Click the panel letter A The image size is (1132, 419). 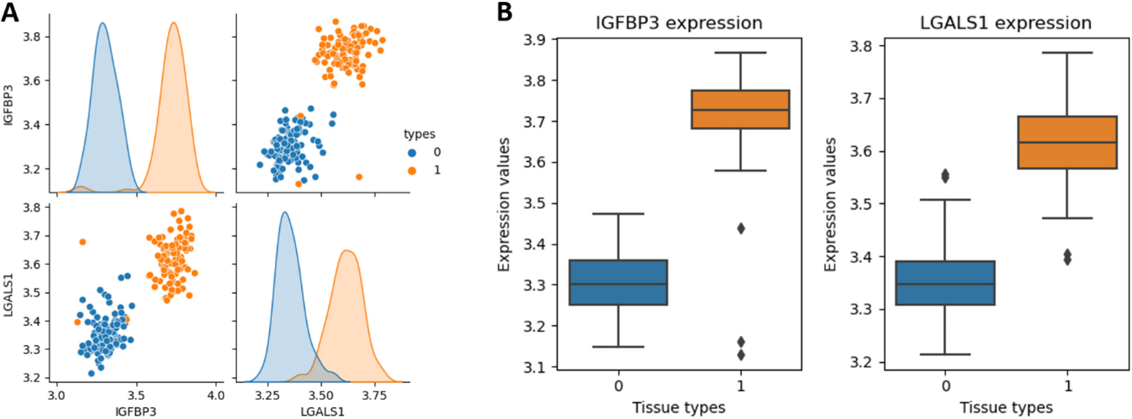tap(10, 12)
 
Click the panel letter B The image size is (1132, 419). tap(505, 12)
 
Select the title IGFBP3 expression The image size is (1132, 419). tap(679, 23)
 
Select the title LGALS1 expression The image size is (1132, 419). tap(1006, 23)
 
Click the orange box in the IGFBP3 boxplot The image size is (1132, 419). tap(741, 109)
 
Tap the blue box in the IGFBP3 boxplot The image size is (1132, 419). tap(619, 282)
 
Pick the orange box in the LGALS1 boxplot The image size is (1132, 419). tap(1068, 143)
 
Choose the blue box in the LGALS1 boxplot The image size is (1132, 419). tap(946, 283)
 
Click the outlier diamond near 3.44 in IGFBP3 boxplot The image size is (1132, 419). tap(741, 229)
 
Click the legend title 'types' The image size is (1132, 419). tap(419, 134)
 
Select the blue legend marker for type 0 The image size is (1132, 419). tap(412, 153)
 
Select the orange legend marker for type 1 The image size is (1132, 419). tap(412, 171)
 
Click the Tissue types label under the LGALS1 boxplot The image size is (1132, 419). tap(1006, 408)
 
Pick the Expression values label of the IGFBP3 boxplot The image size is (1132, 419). tap(504, 205)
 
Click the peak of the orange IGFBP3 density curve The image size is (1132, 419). tap(174, 23)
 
